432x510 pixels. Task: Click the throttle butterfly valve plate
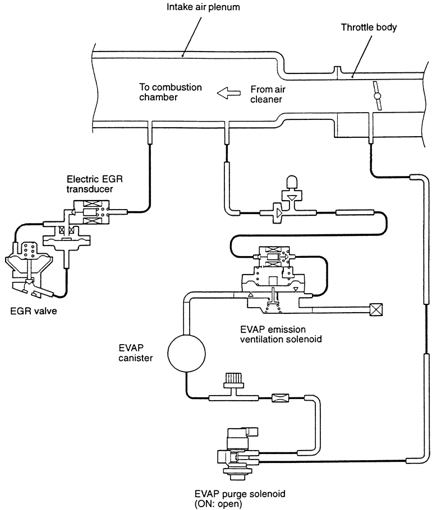click(x=378, y=96)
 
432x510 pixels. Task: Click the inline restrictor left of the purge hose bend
click(x=279, y=398)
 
